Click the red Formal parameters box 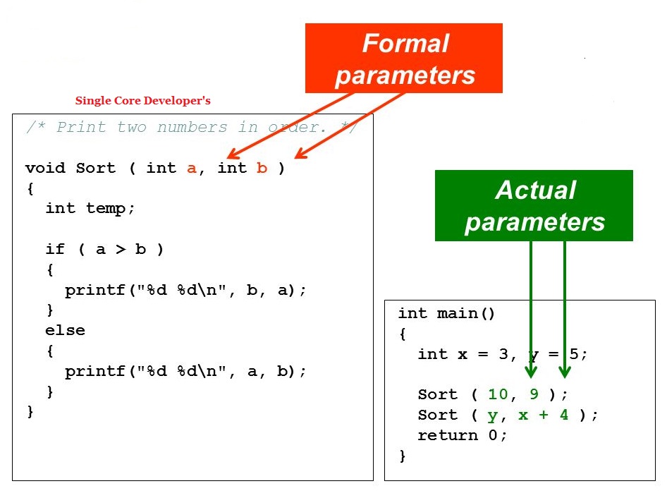(403, 58)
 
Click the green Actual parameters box (534, 205)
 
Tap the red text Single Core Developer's (143, 101)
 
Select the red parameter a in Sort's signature (192, 169)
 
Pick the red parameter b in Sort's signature (262, 168)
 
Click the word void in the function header (44, 168)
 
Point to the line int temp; (90, 208)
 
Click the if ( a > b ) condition (104, 249)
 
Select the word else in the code (65, 330)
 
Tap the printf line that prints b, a (185, 290)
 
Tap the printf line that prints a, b (185, 371)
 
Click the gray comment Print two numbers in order (191, 128)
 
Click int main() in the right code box (447, 313)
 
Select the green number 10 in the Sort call (498, 394)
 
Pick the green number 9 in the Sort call (534, 394)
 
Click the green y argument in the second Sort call (492, 415)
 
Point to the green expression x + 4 (543, 415)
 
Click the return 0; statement (462, 435)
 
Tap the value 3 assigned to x (503, 354)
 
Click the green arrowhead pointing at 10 (531, 371)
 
